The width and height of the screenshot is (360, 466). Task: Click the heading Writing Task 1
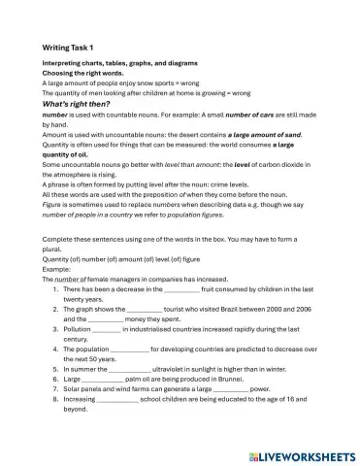click(69, 48)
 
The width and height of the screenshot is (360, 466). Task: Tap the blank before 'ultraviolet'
click(129, 369)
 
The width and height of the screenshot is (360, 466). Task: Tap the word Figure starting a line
click(52, 202)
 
